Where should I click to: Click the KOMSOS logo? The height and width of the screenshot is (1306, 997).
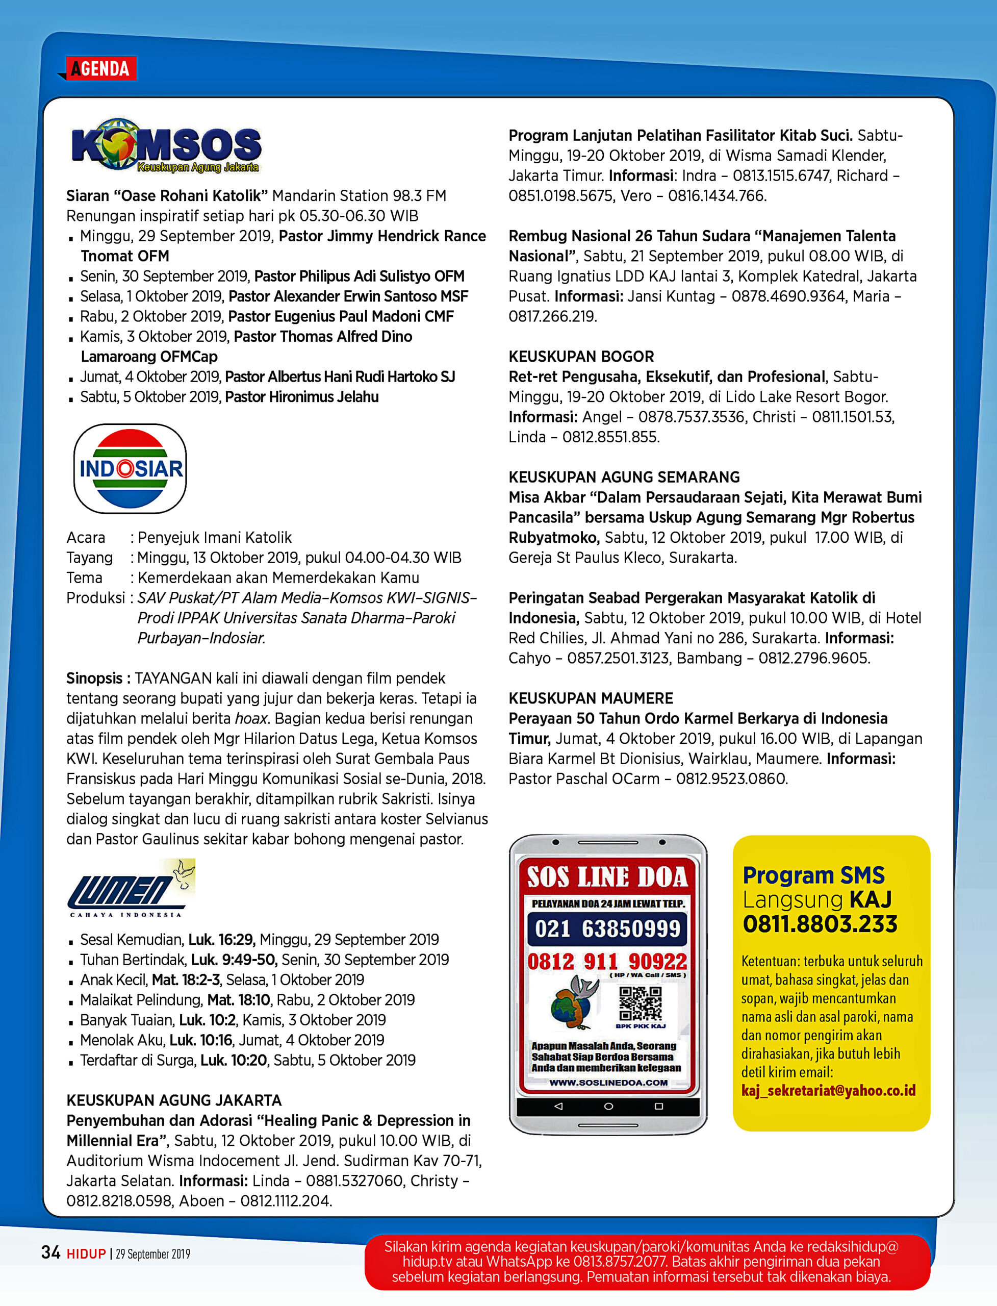166,145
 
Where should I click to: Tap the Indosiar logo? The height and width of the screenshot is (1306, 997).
130,468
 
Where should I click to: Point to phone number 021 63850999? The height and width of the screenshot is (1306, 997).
607,929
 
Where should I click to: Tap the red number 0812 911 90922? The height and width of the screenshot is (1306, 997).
607,962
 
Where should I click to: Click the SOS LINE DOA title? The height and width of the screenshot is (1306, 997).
607,877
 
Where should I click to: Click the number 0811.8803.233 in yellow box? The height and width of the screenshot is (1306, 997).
820,924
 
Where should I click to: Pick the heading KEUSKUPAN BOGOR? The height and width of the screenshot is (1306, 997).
581,357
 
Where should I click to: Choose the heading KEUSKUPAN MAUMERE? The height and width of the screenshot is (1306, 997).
591,698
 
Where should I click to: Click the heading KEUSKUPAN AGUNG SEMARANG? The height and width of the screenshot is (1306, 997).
624,478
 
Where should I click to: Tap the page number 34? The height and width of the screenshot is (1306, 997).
51,1252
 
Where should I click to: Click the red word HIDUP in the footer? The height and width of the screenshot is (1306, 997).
86,1254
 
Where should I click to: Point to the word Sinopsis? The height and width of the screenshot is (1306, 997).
94,679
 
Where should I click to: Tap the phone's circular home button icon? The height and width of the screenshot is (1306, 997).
608,1107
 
